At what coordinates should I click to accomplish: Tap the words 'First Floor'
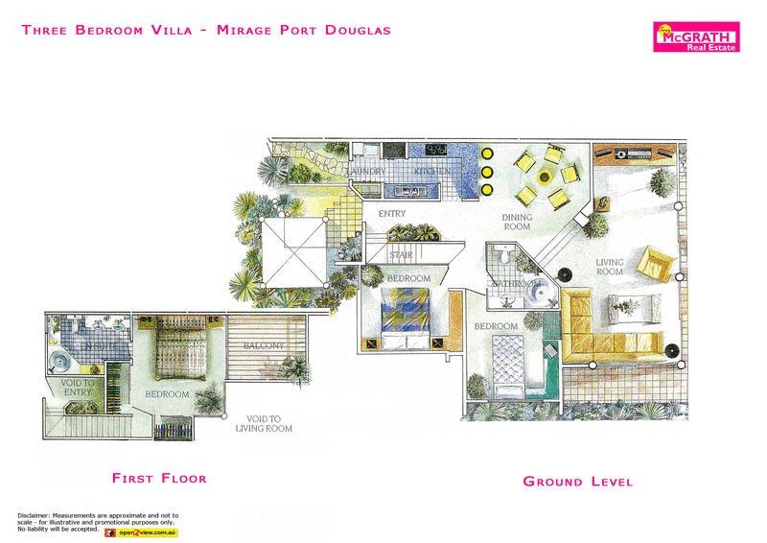[x=159, y=478]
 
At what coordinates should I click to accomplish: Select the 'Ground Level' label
[x=577, y=481]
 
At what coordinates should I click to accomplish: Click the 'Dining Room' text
[x=517, y=223]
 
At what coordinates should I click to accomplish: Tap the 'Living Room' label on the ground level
[x=610, y=267]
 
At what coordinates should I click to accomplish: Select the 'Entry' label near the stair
[x=392, y=213]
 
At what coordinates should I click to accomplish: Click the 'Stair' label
[x=401, y=254]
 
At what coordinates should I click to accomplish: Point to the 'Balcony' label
[x=262, y=345]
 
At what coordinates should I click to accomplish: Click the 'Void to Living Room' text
[x=265, y=423]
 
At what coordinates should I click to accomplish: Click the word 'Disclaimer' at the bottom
[x=35, y=515]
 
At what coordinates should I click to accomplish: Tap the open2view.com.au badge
[x=140, y=531]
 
